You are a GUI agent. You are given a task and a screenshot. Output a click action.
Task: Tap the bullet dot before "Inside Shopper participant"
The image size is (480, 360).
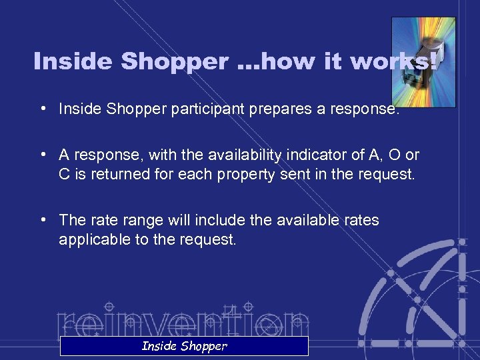tap(43, 108)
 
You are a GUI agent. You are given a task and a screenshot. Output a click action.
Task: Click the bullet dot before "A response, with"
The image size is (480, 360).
tap(43, 155)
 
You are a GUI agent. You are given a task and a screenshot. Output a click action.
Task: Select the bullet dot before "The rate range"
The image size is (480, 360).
tap(43, 220)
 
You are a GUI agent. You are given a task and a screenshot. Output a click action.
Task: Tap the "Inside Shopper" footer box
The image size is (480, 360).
tap(184, 345)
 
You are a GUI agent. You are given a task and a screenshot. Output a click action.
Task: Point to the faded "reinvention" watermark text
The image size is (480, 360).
tap(183, 320)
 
